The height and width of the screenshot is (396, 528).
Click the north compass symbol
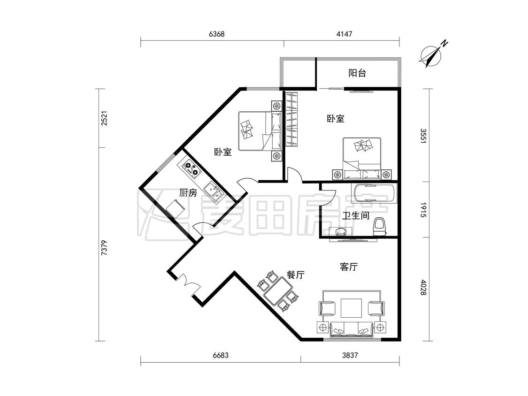tap(431, 56)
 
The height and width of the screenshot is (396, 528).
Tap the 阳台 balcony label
tap(357, 73)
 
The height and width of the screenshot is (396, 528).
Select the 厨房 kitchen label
tap(188, 193)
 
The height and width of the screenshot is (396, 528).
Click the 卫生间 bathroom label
tap(356, 215)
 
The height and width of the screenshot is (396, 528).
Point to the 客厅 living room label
tap(349, 267)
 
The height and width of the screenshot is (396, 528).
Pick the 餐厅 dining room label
tap(296, 275)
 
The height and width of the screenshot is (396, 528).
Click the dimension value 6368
tap(216, 34)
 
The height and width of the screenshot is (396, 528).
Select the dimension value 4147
tap(344, 34)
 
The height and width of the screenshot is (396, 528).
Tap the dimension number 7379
tap(104, 248)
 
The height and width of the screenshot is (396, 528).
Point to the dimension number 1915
tap(423, 210)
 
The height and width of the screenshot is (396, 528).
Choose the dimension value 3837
tap(350, 355)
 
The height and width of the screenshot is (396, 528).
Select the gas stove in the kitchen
tap(190, 169)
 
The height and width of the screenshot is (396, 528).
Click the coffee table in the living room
tap(351, 308)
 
